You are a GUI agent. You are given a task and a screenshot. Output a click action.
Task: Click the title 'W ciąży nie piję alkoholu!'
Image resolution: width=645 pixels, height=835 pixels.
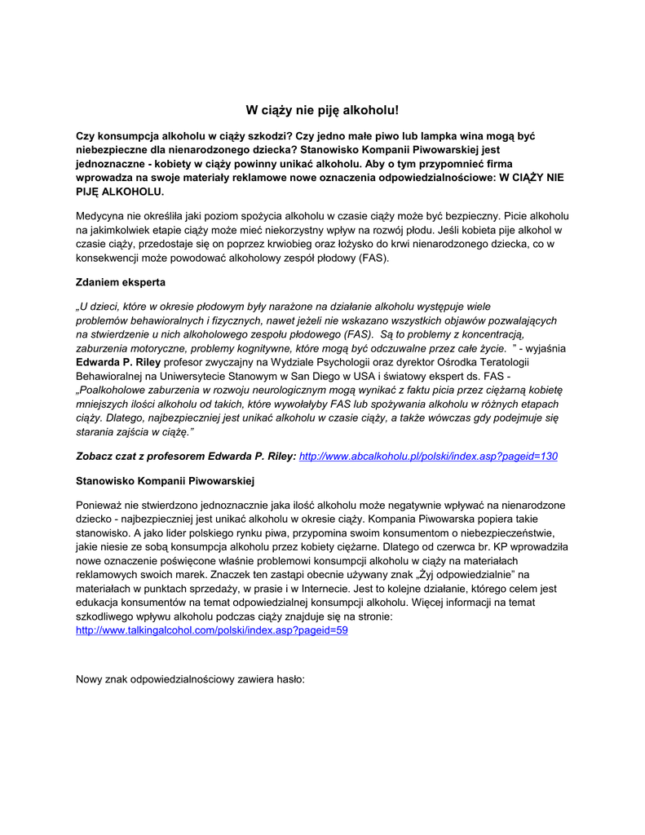(322, 109)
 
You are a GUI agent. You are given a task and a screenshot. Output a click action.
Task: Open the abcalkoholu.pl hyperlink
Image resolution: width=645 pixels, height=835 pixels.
(428, 456)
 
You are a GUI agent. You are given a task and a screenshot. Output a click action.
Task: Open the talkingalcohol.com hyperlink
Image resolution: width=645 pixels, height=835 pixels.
(211, 630)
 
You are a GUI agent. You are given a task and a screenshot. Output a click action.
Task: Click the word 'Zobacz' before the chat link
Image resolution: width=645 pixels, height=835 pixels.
(95, 456)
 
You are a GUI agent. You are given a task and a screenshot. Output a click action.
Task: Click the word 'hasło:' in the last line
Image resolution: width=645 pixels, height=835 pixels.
(289, 678)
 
